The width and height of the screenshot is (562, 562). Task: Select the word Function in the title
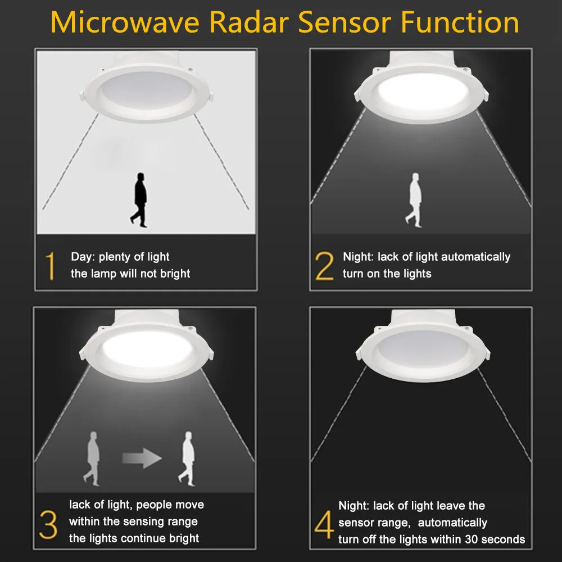460,22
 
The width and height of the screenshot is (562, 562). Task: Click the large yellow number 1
51,266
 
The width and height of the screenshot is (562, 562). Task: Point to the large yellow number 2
325,266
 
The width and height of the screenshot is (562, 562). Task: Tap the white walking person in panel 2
415,200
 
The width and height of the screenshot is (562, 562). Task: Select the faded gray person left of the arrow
93,457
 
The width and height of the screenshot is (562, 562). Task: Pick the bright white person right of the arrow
188,457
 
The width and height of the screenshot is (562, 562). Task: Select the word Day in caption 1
82,257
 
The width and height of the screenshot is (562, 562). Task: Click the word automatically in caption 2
475,257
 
